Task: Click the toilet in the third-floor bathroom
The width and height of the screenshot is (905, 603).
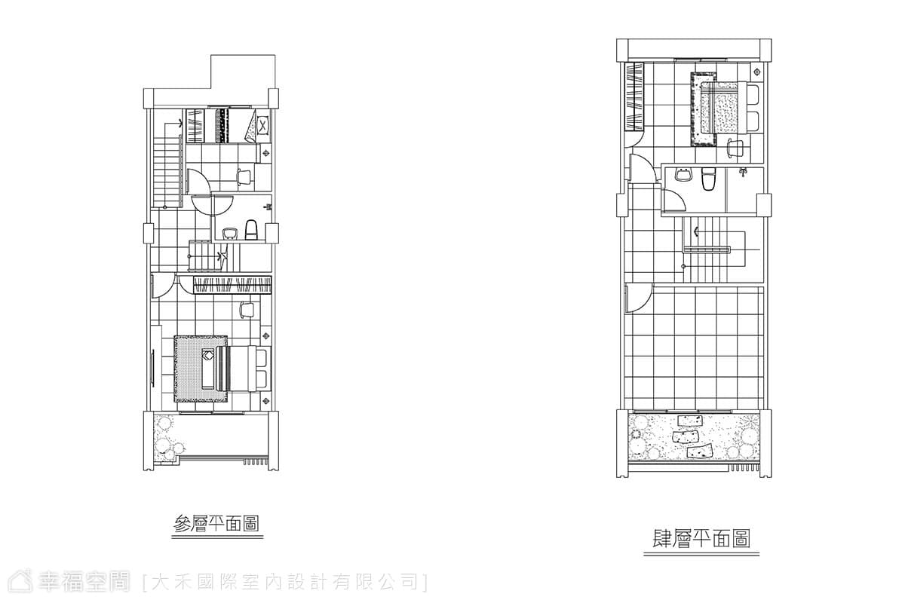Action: [251, 230]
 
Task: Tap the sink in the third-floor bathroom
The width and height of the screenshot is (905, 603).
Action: [229, 234]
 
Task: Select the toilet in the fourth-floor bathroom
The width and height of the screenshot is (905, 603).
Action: [708, 179]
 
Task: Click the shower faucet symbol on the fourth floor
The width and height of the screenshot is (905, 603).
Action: [743, 172]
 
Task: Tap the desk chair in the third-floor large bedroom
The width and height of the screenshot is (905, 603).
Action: [246, 309]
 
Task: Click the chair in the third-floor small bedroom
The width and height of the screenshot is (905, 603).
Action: [244, 177]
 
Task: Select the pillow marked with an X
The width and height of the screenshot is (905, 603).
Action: [263, 124]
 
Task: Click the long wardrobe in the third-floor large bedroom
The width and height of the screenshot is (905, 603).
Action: [232, 285]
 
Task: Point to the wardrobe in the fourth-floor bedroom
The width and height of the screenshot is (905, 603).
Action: [634, 96]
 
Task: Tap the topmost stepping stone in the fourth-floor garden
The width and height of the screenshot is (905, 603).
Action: [689, 421]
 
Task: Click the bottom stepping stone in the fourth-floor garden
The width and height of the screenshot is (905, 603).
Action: [700, 452]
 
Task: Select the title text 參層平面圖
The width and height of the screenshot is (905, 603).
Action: [216, 524]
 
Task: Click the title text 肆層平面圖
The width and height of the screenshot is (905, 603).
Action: [701, 539]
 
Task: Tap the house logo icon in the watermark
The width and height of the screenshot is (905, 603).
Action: [20, 582]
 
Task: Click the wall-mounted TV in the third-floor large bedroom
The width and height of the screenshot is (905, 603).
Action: [152, 368]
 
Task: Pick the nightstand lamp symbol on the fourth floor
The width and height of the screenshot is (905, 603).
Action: [757, 72]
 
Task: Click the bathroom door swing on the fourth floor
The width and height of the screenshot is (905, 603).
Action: [674, 200]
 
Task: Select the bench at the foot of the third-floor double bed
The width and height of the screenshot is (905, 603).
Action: [207, 369]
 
